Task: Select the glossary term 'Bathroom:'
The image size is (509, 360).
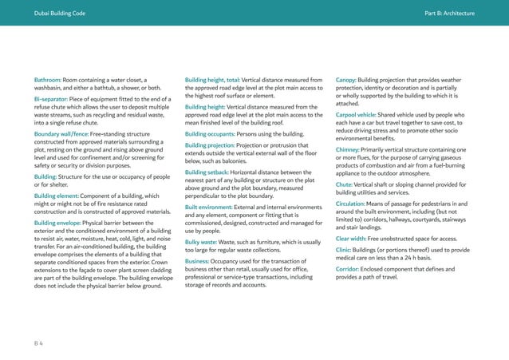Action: pos(49,80)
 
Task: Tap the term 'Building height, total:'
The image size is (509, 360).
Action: pos(214,80)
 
